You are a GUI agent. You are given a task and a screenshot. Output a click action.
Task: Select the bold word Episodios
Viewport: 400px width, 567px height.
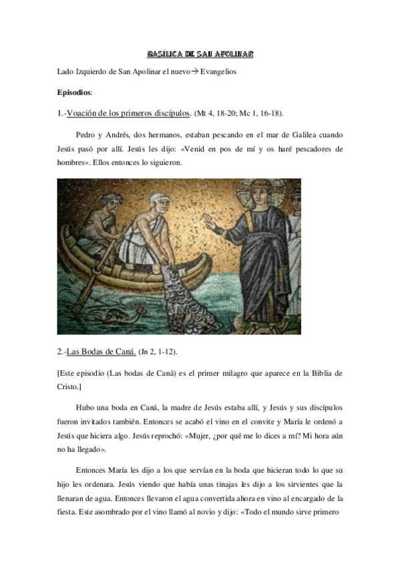point(75,92)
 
